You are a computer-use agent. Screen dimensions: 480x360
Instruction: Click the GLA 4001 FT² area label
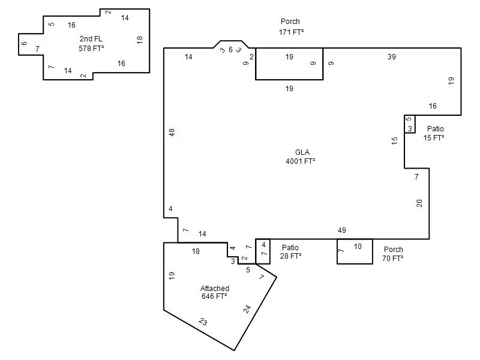tap(301, 157)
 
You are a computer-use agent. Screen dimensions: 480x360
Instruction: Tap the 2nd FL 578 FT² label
tap(91, 43)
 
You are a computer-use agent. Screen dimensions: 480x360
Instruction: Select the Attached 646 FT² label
tap(215, 292)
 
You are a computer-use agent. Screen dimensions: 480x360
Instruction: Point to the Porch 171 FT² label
tap(291, 26)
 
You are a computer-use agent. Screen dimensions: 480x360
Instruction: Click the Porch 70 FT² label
tap(393, 254)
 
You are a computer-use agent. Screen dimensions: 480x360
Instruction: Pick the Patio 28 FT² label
tap(290, 251)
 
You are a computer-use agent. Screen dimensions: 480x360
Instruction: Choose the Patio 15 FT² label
tap(434, 133)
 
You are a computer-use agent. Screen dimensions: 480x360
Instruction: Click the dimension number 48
tap(172, 133)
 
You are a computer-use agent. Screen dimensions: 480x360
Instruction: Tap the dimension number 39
tap(392, 56)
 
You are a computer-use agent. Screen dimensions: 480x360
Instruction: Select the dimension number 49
tap(342, 230)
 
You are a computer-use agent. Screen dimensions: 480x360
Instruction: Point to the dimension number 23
tap(203, 322)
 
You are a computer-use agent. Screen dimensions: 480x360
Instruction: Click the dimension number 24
tap(247, 309)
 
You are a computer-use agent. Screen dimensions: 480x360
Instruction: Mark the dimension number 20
tap(419, 203)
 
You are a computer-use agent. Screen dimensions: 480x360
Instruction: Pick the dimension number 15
tap(394, 140)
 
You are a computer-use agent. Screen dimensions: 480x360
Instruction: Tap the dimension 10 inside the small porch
tap(358, 246)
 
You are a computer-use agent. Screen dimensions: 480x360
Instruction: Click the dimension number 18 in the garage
tap(196, 251)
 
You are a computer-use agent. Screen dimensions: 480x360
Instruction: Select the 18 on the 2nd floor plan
tap(140, 40)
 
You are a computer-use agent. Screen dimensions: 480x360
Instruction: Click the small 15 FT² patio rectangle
tap(410, 124)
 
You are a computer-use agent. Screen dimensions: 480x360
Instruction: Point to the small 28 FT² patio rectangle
tap(263, 251)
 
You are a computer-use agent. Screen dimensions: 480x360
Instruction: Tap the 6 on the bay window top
tap(230, 50)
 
